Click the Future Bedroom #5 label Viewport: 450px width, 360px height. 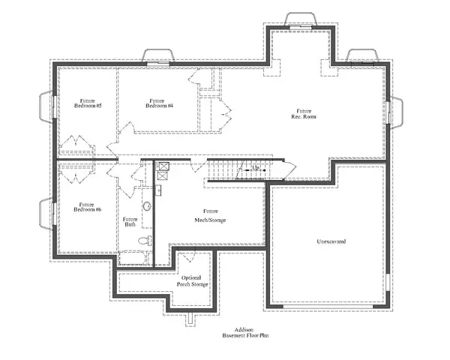click(x=88, y=103)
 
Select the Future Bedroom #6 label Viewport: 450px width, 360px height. click(x=88, y=206)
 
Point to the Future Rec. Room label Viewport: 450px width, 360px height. click(x=303, y=114)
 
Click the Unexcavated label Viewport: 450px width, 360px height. click(x=331, y=241)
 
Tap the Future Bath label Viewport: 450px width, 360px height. click(x=130, y=222)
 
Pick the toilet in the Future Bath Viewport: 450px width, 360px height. click(x=145, y=241)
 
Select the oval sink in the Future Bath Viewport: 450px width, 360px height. click(x=147, y=205)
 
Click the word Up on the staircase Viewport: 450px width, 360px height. click(x=256, y=168)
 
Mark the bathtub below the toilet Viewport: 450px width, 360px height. click(x=134, y=259)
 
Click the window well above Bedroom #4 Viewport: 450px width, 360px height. click(x=158, y=56)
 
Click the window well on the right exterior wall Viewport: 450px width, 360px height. click(x=396, y=112)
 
